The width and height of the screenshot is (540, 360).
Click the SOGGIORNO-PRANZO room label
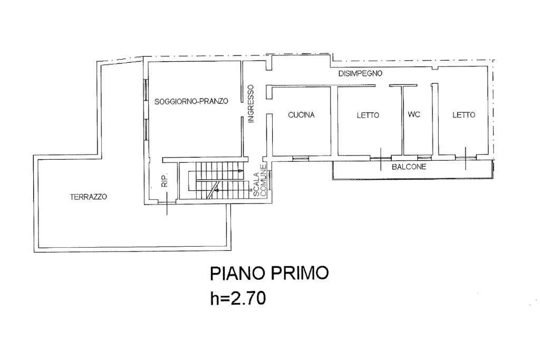pos(191,102)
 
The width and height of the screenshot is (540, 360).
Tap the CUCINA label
pos(301,115)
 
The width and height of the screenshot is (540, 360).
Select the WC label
pos(414,114)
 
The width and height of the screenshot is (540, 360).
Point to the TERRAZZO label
pos(89,197)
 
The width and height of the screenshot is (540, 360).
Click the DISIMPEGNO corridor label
pos(360,73)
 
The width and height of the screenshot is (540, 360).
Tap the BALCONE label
pos(409,167)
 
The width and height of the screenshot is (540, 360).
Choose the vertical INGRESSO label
pos(251,104)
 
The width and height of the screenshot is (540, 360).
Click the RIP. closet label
pos(165,180)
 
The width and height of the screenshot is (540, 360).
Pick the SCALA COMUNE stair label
pos(261,181)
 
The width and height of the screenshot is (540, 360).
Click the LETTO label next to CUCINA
pos(368,115)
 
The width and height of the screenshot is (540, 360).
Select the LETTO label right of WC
pos(464,115)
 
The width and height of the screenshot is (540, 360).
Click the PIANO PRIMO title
pos(269,273)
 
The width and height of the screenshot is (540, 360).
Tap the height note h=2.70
pos(238,298)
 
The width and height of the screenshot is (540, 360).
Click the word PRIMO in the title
pos(300,273)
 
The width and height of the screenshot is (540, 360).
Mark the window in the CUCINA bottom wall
pos(301,159)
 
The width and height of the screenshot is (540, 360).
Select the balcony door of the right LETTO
pos(466,158)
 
